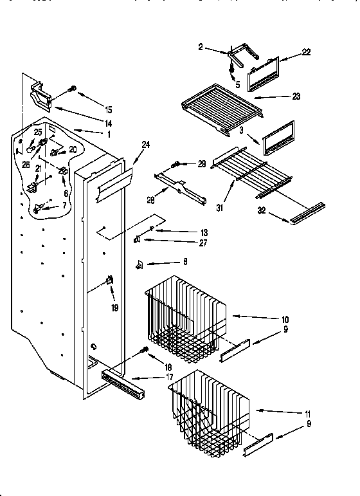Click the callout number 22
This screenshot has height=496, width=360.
click(306, 53)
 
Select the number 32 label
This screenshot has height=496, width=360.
click(278, 210)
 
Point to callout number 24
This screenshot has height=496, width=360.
click(146, 145)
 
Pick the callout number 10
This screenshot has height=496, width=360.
click(285, 319)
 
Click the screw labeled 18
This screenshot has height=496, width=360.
click(145, 351)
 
